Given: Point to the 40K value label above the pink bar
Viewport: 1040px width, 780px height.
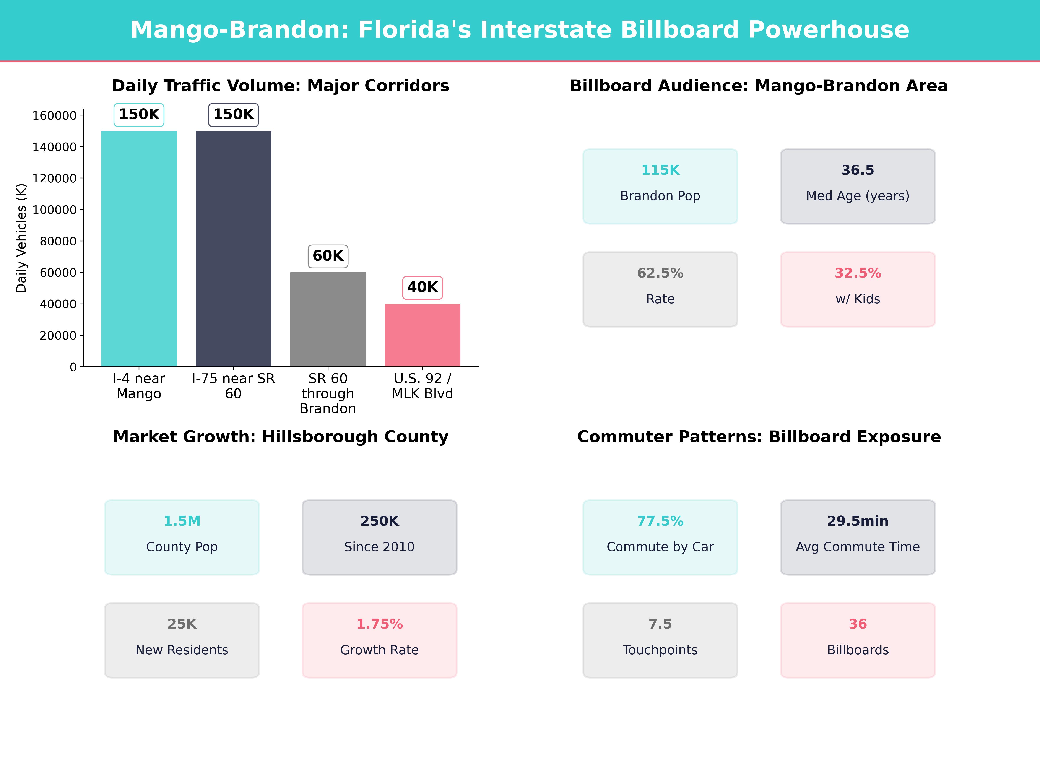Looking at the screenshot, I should tap(422, 287).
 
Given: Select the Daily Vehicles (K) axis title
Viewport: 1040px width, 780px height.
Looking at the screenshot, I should tap(21, 238).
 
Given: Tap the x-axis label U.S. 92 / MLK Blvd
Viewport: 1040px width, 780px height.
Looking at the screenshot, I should tap(422, 386).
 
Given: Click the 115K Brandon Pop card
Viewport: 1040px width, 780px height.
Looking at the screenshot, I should tap(660, 186).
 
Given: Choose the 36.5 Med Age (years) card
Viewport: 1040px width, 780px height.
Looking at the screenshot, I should tap(858, 186).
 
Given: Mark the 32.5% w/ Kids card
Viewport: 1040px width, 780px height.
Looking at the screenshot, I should tap(858, 289).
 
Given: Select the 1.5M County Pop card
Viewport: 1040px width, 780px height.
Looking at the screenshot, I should tap(182, 537).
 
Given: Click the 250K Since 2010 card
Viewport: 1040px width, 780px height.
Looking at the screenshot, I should tap(379, 537).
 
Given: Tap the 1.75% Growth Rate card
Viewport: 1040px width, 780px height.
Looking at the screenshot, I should tap(379, 640).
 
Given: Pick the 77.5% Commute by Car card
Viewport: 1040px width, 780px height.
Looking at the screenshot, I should tap(660, 537).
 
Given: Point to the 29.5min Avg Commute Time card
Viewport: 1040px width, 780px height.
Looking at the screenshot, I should tap(858, 537).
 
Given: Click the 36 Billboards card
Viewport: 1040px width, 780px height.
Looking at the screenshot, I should tap(858, 640).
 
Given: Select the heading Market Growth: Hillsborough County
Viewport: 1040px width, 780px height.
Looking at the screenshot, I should tap(281, 437).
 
